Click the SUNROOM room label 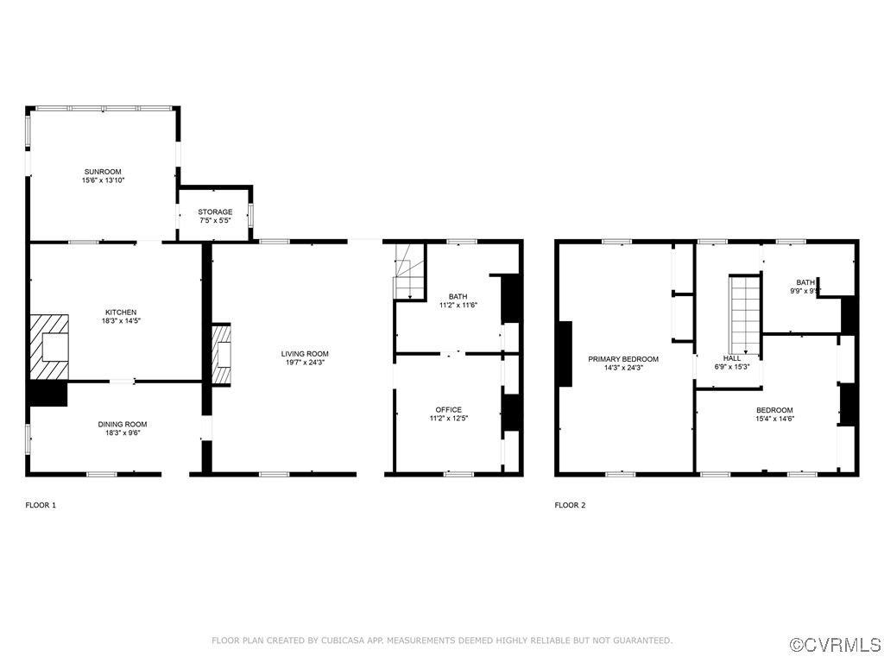click(x=104, y=171)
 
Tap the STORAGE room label click(x=215, y=212)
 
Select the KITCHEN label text click(x=121, y=313)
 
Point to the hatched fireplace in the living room click(x=222, y=354)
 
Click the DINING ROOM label click(x=122, y=424)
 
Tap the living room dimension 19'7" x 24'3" click(x=305, y=363)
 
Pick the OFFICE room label click(x=448, y=409)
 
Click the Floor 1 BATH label click(x=458, y=296)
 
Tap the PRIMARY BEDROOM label click(x=623, y=359)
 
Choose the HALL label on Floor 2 click(x=731, y=357)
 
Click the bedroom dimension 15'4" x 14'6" click(x=774, y=419)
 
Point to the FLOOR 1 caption click(x=41, y=505)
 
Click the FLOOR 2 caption click(x=570, y=505)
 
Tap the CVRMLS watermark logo click(x=836, y=645)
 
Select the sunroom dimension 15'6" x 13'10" click(x=104, y=180)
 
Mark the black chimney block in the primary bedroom click(x=565, y=353)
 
